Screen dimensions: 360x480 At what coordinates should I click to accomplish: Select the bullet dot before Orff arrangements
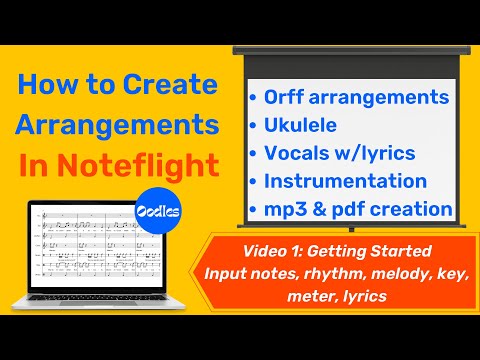tap(253, 98)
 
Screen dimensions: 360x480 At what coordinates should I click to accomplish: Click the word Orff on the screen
tap(291, 97)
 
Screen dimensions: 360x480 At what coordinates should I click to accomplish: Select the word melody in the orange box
tap(389, 272)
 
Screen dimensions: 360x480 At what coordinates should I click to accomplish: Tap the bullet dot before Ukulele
tap(253, 125)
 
